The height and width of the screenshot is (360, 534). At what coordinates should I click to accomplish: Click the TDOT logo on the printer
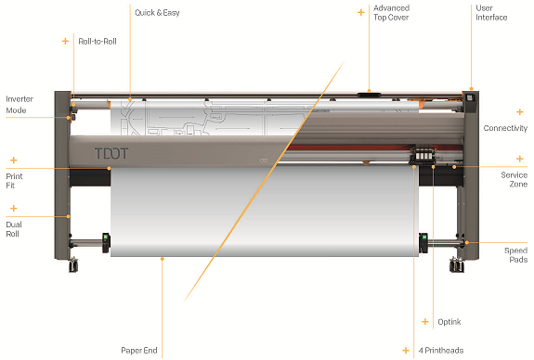tap(111, 153)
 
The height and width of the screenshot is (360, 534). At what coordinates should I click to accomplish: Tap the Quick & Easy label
tap(157, 13)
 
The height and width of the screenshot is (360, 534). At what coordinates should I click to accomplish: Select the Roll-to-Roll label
tap(98, 42)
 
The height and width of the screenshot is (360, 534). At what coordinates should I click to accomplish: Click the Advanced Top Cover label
tap(391, 13)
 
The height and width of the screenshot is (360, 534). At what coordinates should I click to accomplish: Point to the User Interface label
tap(491, 13)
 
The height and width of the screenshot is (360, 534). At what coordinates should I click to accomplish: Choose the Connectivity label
tap(505, 128)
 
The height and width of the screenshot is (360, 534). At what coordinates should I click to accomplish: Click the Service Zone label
tap(514, 179)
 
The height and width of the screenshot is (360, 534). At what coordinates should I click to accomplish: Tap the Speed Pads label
tap(516, 255)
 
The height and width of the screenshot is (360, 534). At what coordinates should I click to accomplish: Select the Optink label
tap(449, 322)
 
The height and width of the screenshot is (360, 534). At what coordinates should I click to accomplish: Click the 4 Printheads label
tap(441, 351)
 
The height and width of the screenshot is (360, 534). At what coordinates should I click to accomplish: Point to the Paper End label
tap(139, 351)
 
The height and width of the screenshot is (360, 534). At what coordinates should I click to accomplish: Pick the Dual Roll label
tap(14, 229)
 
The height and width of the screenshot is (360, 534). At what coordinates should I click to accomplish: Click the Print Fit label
tap(14, 181)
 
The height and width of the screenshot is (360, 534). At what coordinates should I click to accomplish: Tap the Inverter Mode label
tap(20, 105)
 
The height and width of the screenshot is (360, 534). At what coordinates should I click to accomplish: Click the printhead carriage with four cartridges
tap(423, 154)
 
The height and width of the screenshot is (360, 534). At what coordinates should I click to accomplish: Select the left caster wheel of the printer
tap(73, 264)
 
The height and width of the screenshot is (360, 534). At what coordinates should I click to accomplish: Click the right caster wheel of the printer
tap(457, 264)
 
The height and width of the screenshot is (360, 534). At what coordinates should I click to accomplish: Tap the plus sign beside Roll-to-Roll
tap(65, 41)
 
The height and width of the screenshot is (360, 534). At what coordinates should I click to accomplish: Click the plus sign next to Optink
tap(425, 322)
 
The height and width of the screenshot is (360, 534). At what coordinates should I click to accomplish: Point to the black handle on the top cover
tap(370, 94)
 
